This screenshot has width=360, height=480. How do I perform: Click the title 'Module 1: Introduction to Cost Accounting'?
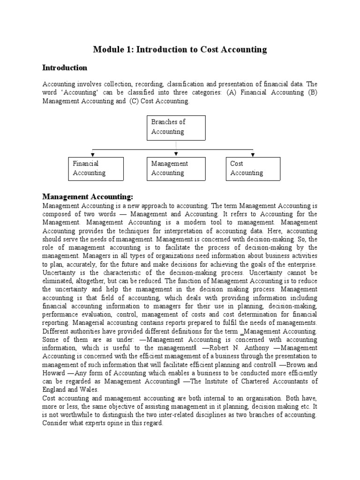180,49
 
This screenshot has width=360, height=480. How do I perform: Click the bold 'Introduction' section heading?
65,68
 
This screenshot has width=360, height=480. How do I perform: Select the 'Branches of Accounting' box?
175,127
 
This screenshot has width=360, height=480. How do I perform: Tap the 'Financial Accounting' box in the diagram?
96,168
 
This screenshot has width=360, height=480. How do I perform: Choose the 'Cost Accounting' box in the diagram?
253,168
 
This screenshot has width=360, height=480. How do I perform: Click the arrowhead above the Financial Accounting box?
93,154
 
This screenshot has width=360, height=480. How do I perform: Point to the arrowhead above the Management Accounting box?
176,154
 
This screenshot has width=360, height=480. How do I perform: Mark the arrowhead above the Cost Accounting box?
253,154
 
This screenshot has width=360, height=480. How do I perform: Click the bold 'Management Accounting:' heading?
88,196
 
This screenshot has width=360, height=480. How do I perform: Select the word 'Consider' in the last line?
56,423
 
